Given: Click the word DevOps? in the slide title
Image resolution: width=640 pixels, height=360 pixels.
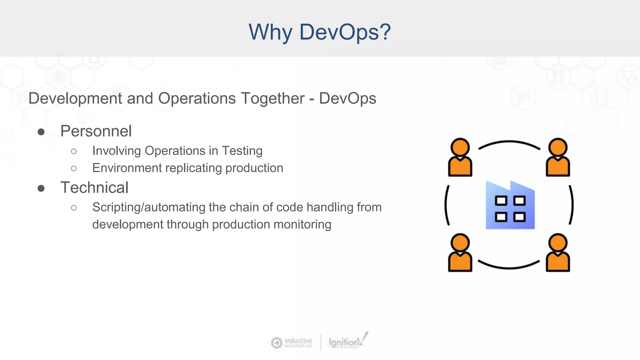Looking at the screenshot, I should pyautogui.click(x=345, y=32).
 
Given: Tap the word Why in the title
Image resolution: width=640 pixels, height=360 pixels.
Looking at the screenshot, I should pyautogui.click(x=271, y=32).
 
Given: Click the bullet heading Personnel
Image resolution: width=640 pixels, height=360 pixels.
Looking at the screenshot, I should pyautogui.click(x=96, y=131).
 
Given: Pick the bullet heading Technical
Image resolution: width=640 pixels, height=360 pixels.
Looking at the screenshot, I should pyautogui.click(x=94, y=188).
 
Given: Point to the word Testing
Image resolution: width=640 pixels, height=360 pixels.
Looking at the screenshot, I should pyautogui.click(x=242, y=151).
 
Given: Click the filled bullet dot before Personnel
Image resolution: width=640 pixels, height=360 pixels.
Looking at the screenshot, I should pyautogui.click(x=41, y=132).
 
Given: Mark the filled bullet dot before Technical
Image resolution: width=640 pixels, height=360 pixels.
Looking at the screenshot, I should pyautogui.click(x=41, y=188).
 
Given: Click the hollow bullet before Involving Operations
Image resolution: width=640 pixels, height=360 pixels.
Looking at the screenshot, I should pyautogui.click(x=74, y=152).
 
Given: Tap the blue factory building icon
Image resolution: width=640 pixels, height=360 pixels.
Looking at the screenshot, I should pyautogui.click(x=510, y=205).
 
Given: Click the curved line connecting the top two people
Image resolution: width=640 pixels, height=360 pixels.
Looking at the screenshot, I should pyautogui.click(x=509, y=142).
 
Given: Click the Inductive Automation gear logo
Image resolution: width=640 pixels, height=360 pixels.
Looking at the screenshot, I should pyautogui.click(x=277, y=342).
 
